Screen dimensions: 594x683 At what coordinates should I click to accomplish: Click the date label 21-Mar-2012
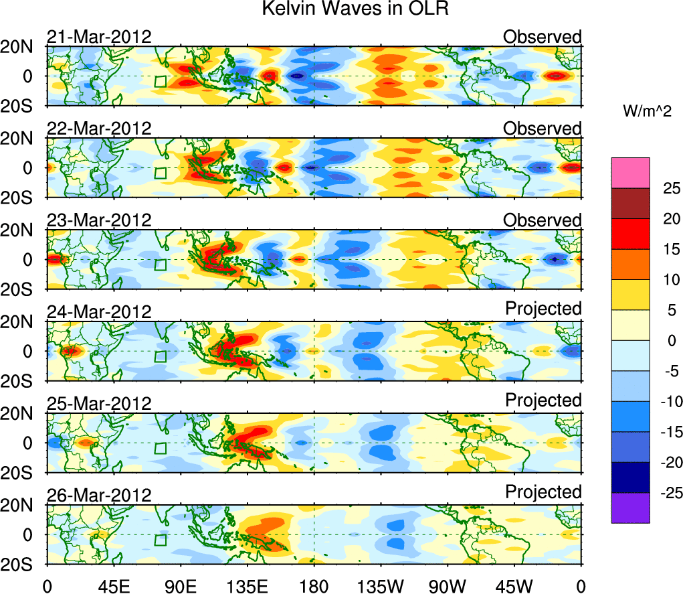(x=99, y=37)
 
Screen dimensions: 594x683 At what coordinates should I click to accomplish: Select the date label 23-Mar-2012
(x=99, y=220)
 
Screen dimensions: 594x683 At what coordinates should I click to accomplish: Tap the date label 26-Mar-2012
(x=99, y=494)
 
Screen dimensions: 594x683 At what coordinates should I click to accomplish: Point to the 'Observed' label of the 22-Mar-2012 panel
(x=543, y=128)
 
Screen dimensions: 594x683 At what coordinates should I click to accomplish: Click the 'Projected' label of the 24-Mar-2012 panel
(x=543, y=309)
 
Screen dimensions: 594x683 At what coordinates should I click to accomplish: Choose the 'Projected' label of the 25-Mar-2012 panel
(x=543, y=400)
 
